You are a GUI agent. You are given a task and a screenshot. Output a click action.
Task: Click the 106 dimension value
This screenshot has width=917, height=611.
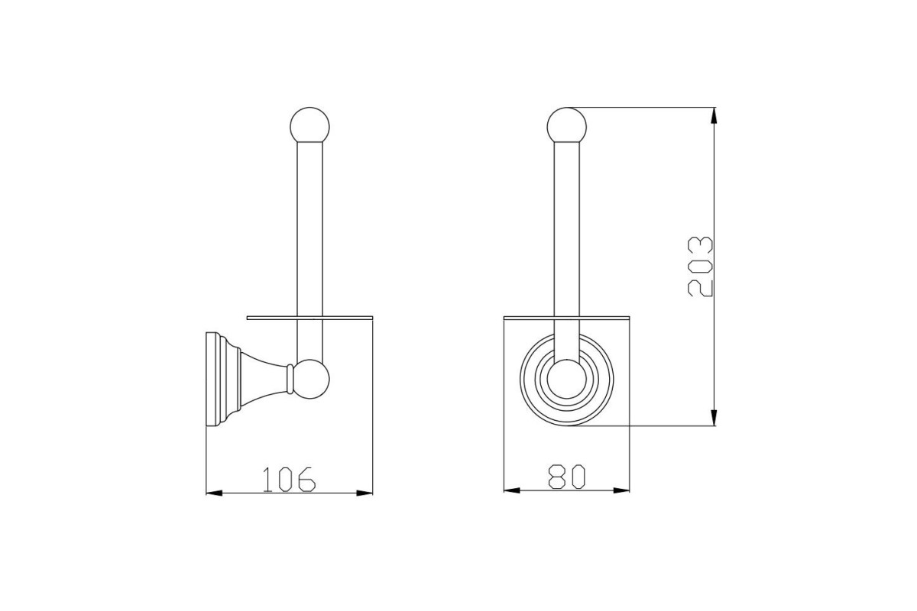point(289,479)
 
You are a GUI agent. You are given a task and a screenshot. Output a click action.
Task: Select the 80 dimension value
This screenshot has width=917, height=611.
point(566,477)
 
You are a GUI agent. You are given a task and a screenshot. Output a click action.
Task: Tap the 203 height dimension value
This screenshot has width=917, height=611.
point(701,266)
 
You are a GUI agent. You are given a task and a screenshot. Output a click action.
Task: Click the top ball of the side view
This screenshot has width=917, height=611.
point(310,125)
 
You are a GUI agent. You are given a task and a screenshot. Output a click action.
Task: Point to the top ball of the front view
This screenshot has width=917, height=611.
point(566,125)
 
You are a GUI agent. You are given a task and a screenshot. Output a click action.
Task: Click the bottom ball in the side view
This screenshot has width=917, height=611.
point(311,379)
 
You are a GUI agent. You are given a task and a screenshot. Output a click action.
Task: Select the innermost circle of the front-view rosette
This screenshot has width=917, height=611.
point(566,379)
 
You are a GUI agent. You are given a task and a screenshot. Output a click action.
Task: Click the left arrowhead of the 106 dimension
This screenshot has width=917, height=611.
point(214,493)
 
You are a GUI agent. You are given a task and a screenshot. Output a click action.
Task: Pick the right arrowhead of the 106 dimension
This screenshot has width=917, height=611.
point(365,493)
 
